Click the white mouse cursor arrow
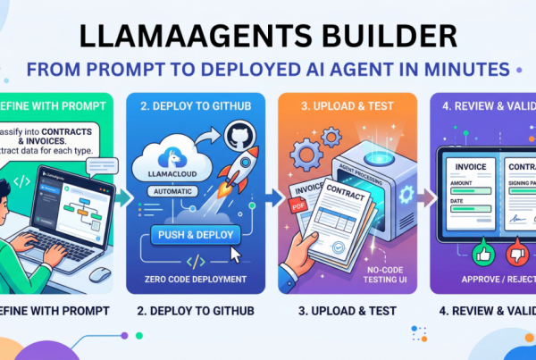[238, 256]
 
